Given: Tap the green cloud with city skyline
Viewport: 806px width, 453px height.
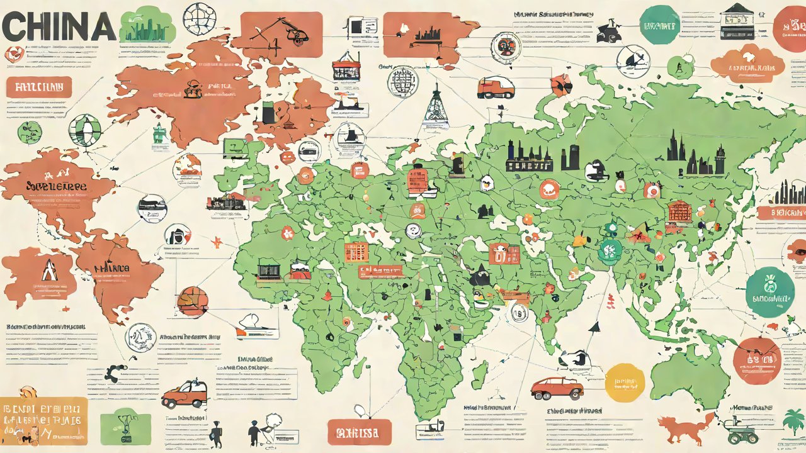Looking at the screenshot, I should click(x=147, y=25).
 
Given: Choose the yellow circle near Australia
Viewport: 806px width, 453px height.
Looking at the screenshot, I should click(x=625, y=383).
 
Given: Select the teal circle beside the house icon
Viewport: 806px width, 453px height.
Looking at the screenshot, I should click(x=660, y=26).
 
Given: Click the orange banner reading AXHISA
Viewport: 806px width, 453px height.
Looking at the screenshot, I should click(x=359, y=433).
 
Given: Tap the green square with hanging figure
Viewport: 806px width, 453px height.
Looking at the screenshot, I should click(x=125, y=426).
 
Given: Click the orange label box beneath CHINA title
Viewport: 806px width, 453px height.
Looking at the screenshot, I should click(x=39, y=87).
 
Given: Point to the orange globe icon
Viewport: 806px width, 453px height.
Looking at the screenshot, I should click(x=192, y=301).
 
